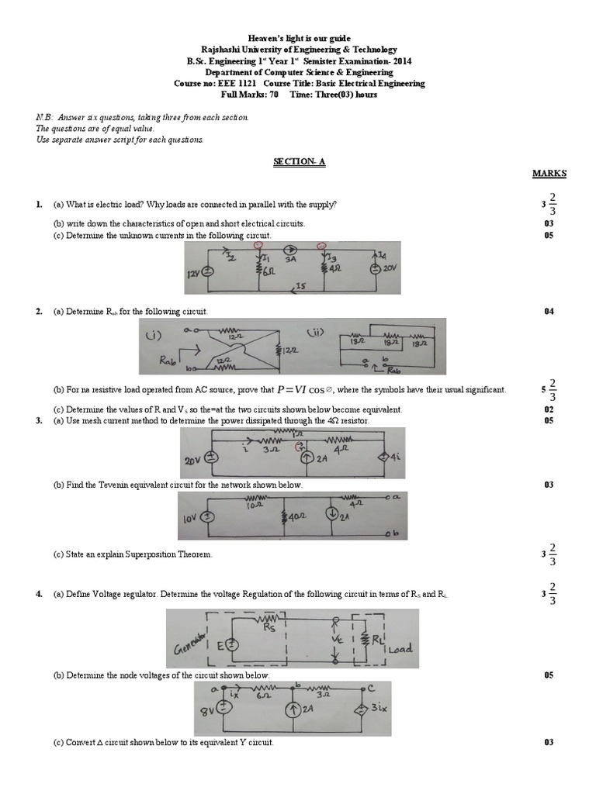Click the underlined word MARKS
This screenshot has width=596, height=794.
(x=549, y=174)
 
